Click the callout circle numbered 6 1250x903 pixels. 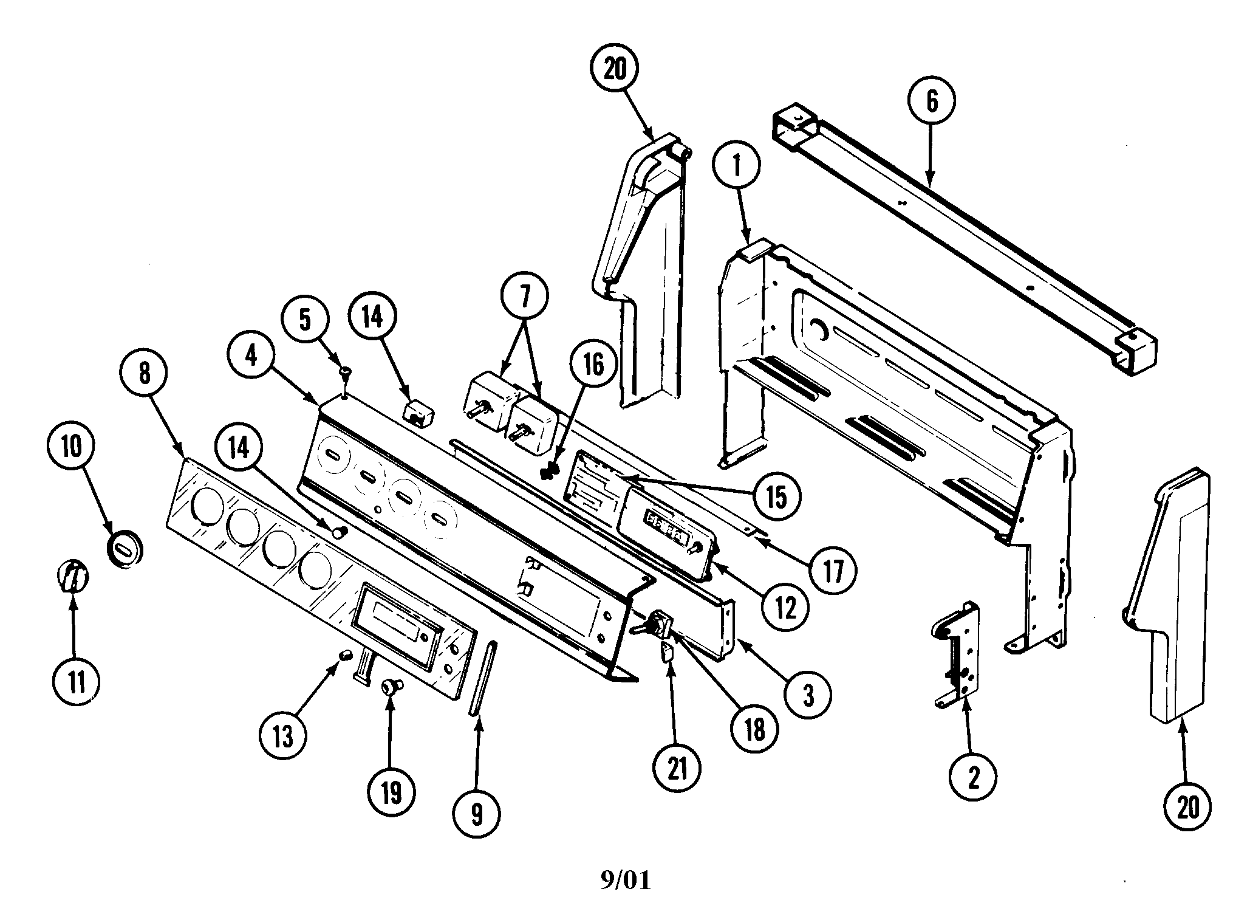[x=932, y=100]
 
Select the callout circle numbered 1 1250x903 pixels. [x=737, y=167]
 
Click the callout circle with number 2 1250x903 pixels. [x=973, y=777]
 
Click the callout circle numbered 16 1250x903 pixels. [x=593, y=365]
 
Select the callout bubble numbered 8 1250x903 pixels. [x=144, y=373]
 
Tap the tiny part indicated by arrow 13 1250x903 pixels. [x=346, y=655]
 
